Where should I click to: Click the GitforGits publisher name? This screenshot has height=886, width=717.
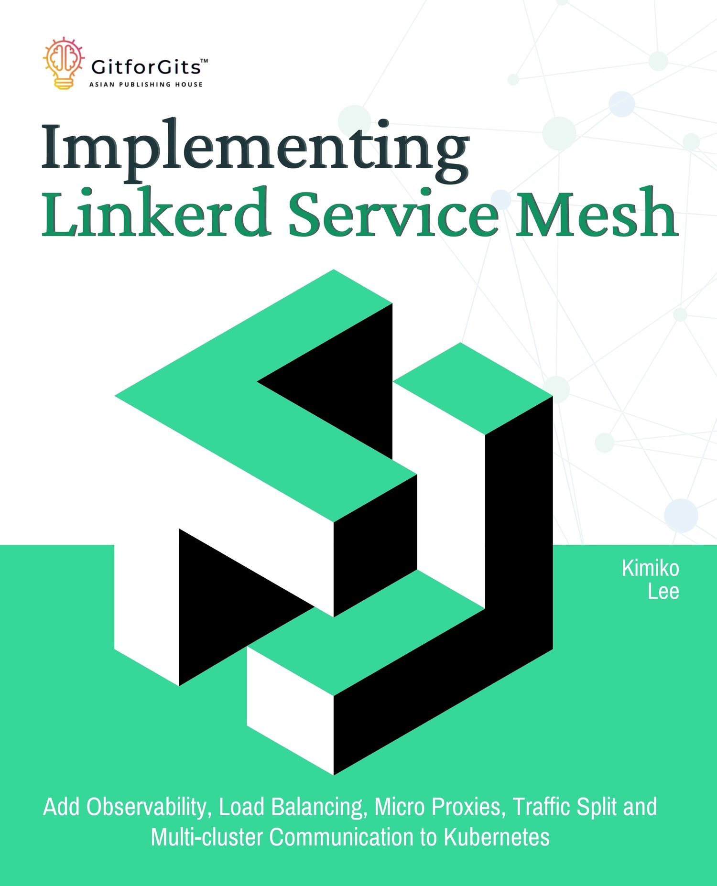146,67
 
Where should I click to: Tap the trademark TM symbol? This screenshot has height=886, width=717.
204,61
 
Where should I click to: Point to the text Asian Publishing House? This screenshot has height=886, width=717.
146,85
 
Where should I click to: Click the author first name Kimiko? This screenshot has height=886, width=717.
651,568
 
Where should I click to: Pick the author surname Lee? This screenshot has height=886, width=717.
663,591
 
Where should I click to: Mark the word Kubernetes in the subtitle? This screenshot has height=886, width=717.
497,837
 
